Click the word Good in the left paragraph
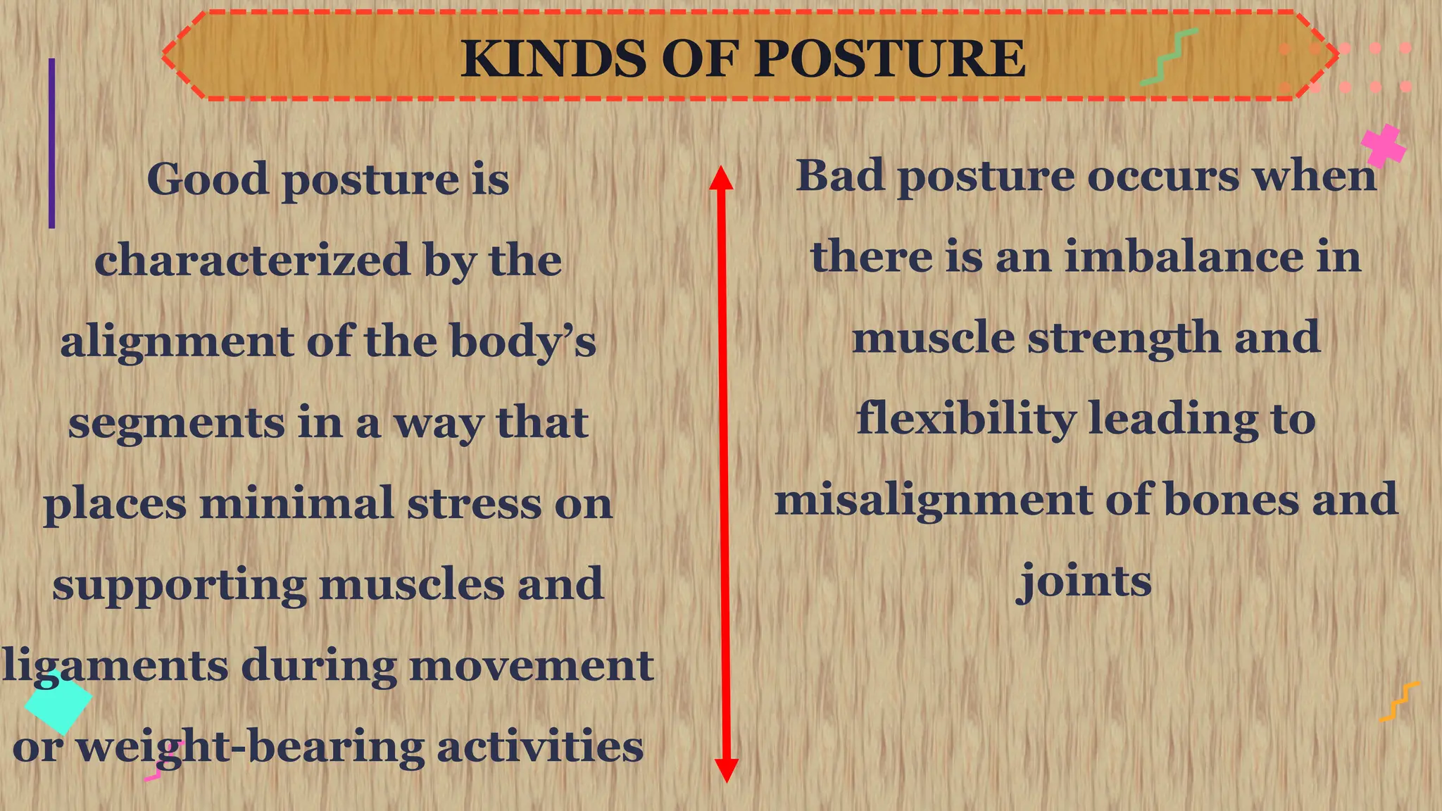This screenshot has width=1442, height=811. [x=208, y=179]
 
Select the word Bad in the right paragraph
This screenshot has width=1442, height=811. [x=839, y=175]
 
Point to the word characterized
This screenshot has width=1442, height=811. [x=252, y=260]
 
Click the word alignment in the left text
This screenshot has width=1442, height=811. [x=176, y=342]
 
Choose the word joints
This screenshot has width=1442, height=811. [x=1084, y=582]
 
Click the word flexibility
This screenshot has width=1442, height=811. [x=965, y=419]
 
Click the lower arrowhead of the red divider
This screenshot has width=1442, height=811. [x=726, y=770]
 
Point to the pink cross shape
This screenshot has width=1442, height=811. [x=1383, y=146]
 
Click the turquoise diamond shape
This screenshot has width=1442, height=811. [x=58, y=701]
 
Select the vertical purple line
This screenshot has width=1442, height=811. [x=51, y=143]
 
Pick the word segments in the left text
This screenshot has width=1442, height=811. [x=176, y=424]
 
